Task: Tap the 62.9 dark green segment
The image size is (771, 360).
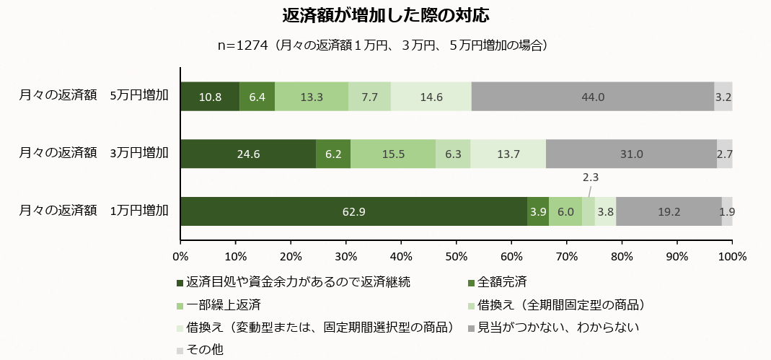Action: [353, 211]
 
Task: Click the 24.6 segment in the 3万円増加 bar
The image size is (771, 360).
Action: [248, 154]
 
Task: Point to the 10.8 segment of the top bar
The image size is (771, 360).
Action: [210, 97]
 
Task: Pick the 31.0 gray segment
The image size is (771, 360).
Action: [631, 154]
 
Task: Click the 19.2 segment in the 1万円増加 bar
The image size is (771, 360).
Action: [669, 211]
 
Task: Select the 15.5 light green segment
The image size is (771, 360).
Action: [393, 154]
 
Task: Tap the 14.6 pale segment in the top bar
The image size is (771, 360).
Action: [431, 97]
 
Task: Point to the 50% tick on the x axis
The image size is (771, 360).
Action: [457, 255]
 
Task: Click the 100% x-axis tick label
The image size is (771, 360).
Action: [732, 255]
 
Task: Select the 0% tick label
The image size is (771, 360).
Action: [180, 255]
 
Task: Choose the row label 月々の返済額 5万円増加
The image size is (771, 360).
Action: [94, 95]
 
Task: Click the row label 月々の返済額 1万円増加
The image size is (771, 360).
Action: [94, 211]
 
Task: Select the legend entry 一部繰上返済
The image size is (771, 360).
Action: [223, 304]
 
